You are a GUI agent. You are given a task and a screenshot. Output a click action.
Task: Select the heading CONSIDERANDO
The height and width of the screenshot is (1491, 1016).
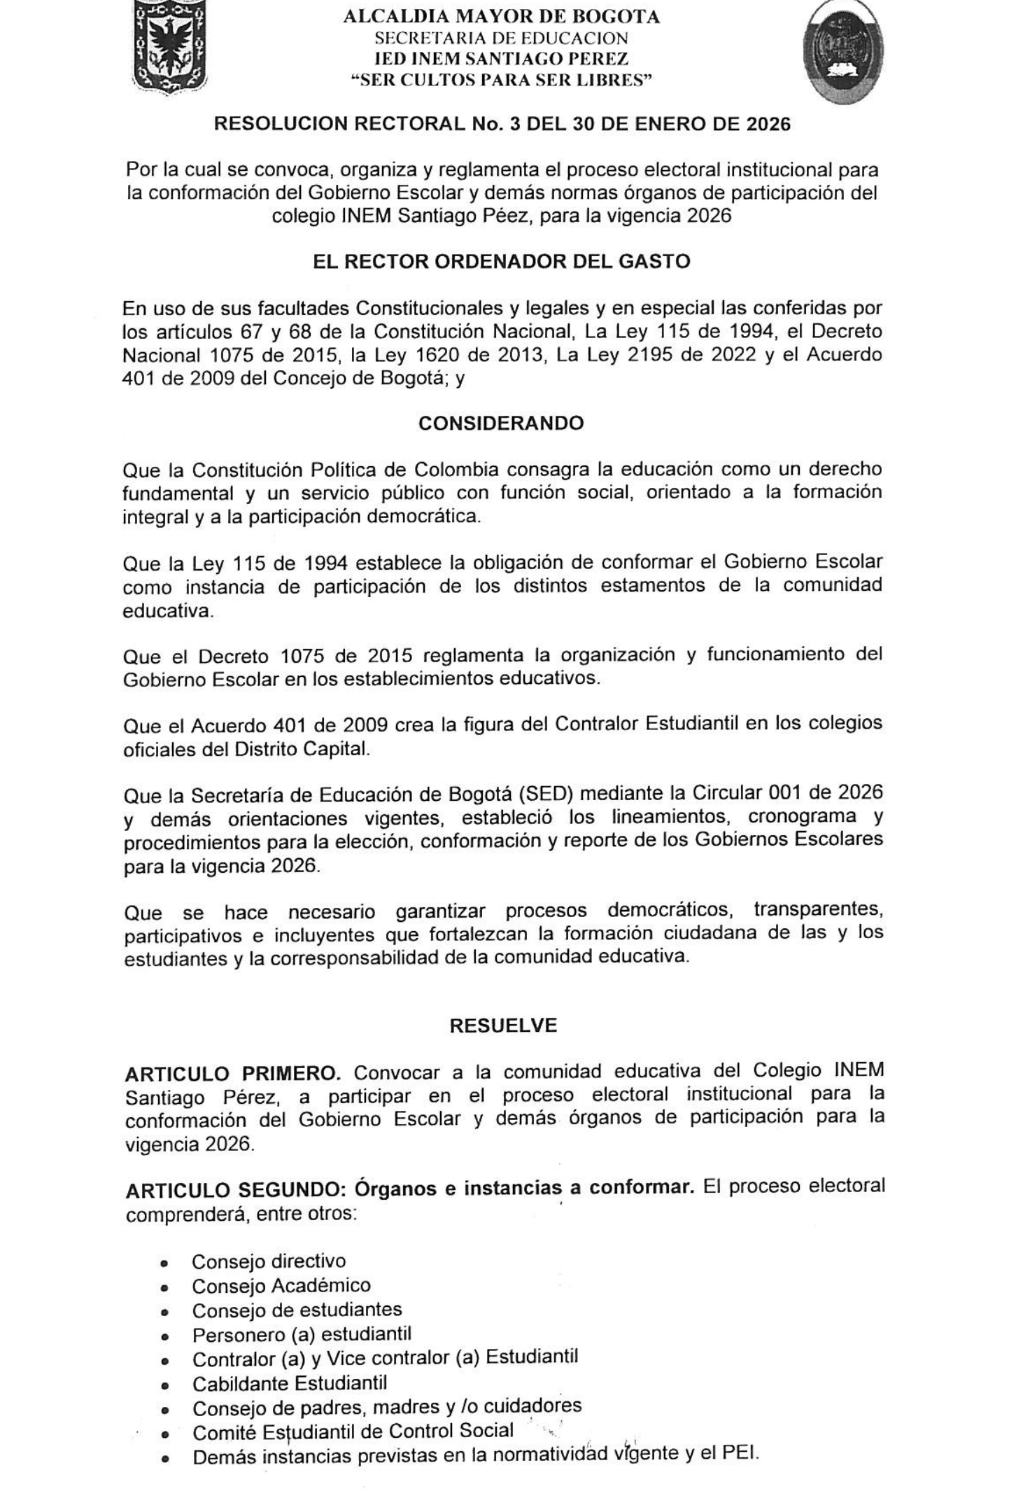(501, 423)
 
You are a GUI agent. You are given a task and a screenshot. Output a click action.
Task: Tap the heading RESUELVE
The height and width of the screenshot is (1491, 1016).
(503, 1026)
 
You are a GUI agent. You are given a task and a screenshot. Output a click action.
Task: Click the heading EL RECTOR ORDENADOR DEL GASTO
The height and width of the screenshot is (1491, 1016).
(501, 262)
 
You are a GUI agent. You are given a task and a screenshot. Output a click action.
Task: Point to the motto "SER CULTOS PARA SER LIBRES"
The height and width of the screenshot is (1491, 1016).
(501, 80)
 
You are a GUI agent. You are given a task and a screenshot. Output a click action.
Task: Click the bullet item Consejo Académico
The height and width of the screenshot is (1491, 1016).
(281, 1286)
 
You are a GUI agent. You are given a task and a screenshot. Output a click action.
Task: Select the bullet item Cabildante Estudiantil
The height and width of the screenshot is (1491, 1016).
(290, 1383)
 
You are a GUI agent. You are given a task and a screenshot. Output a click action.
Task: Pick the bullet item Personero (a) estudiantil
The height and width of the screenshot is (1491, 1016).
(302, 1334)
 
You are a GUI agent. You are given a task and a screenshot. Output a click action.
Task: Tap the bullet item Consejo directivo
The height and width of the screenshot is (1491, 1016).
(269, 1261)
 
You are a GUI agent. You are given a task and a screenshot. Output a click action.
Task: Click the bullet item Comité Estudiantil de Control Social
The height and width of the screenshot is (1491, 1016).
(353, 1431)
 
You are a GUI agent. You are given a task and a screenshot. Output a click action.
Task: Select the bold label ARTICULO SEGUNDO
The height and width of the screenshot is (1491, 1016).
(235, 1189)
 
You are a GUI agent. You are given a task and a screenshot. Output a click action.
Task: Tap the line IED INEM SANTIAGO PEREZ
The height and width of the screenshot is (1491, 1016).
(501, 59)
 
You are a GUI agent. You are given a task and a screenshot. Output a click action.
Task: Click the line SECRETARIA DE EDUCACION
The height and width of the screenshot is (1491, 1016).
(501, 38)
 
